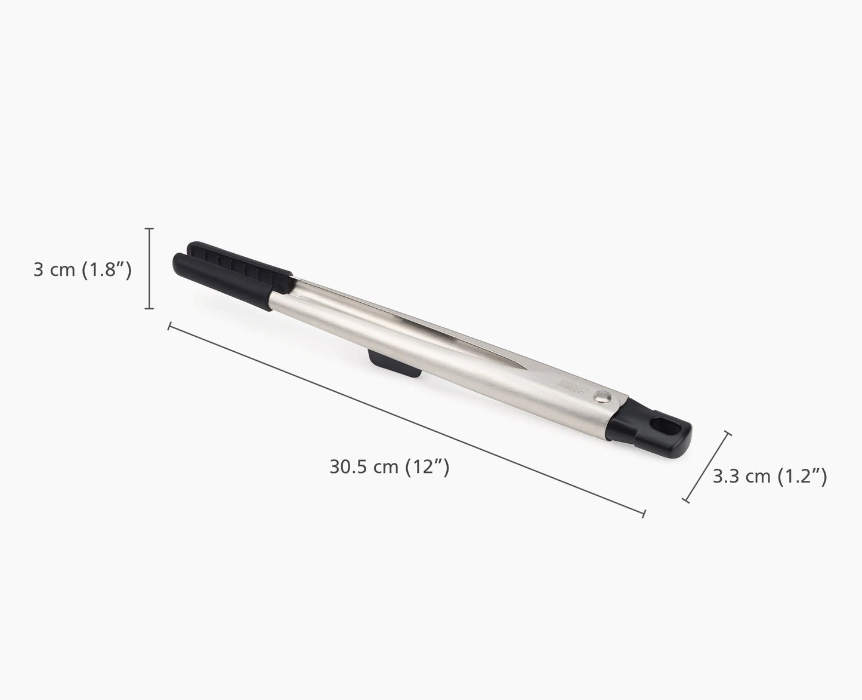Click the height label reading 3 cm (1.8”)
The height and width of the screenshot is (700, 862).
(x=82, y=270)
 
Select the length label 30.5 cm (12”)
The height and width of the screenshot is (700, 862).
(x=389, y=466)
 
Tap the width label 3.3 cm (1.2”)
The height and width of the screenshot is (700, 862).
(x=770, y=476)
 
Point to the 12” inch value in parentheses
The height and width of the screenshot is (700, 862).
(x=427, y=466)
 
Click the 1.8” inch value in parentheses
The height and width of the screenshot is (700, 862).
(x=106, y=270)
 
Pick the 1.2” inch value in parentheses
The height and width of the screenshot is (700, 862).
(x=803, y=476)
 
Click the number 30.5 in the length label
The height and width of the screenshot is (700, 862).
(x=349, y=466)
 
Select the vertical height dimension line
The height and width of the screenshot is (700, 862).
(x=150, y=269)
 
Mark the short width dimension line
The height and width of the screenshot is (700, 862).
(x=707, y=466)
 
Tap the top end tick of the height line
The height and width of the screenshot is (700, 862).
(x=150, y=229)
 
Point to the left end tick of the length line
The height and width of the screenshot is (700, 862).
(x=170, y=326)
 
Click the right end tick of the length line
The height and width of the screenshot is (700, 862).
(x=643, y=512)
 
